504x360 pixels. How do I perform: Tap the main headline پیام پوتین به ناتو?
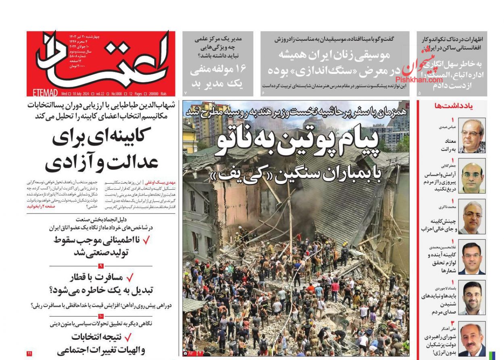coord(297,143)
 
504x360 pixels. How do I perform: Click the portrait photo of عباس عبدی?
coord(472,136)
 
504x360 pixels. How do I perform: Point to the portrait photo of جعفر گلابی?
coord(472,178)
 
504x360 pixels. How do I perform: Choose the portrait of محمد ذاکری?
coord(472,218)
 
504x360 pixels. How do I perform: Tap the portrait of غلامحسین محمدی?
coord(472,257)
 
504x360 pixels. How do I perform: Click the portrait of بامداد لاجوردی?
coord(472,297)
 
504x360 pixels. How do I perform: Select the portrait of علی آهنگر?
coord(472,339)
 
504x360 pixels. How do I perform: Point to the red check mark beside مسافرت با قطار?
coord(130,277)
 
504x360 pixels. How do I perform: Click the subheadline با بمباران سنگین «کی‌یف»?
coord(297,175)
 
